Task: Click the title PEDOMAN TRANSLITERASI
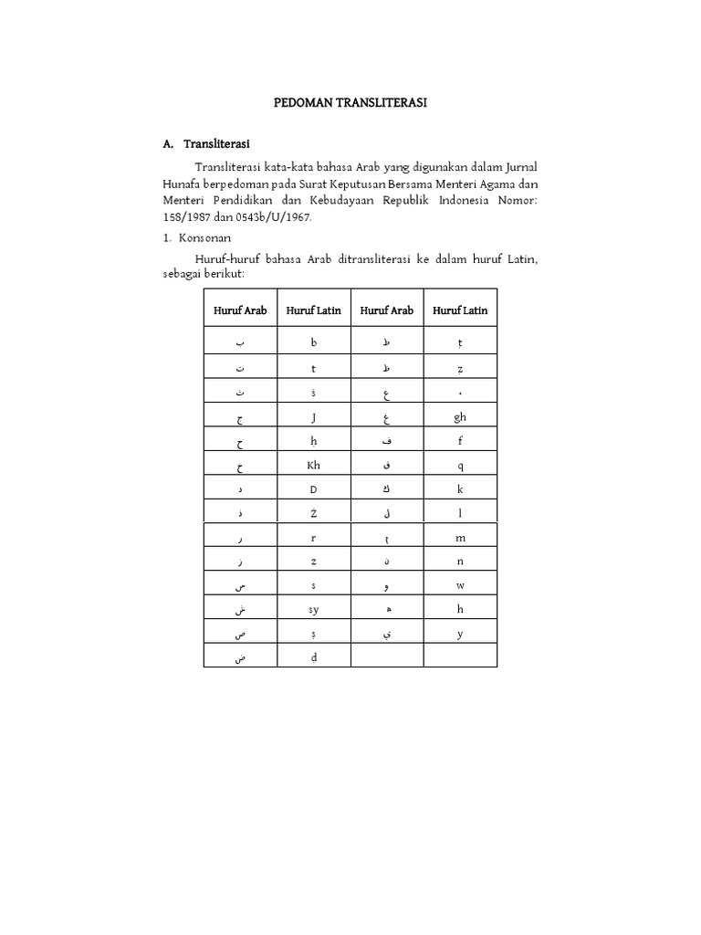[351, 103]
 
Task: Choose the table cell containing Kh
[313, 465]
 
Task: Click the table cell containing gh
[460, 417]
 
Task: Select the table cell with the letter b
[313, 342]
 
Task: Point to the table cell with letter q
[460, 465]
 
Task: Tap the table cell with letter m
[460, 538]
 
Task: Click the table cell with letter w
[460, 585]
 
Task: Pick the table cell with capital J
[313, 417]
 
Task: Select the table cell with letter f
[460, 441]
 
